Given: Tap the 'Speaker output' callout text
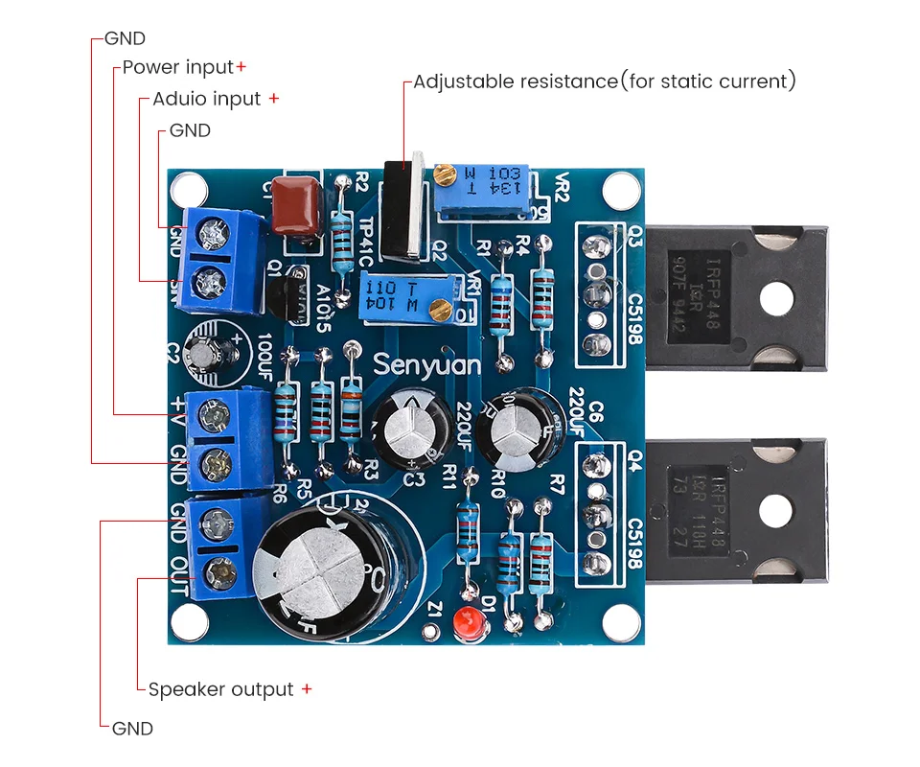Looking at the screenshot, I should coord(220,689).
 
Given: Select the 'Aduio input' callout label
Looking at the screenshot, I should coord(206,99).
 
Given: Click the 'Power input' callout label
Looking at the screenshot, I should coord(177,67).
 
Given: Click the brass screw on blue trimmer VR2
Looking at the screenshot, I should coord(444,174).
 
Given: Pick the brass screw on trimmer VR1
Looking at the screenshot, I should coord(441,308).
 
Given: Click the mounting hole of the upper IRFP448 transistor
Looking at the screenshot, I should coord(784,299).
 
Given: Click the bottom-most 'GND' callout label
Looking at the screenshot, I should coord(132,729).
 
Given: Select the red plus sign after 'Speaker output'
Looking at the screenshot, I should coord(307,689).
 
